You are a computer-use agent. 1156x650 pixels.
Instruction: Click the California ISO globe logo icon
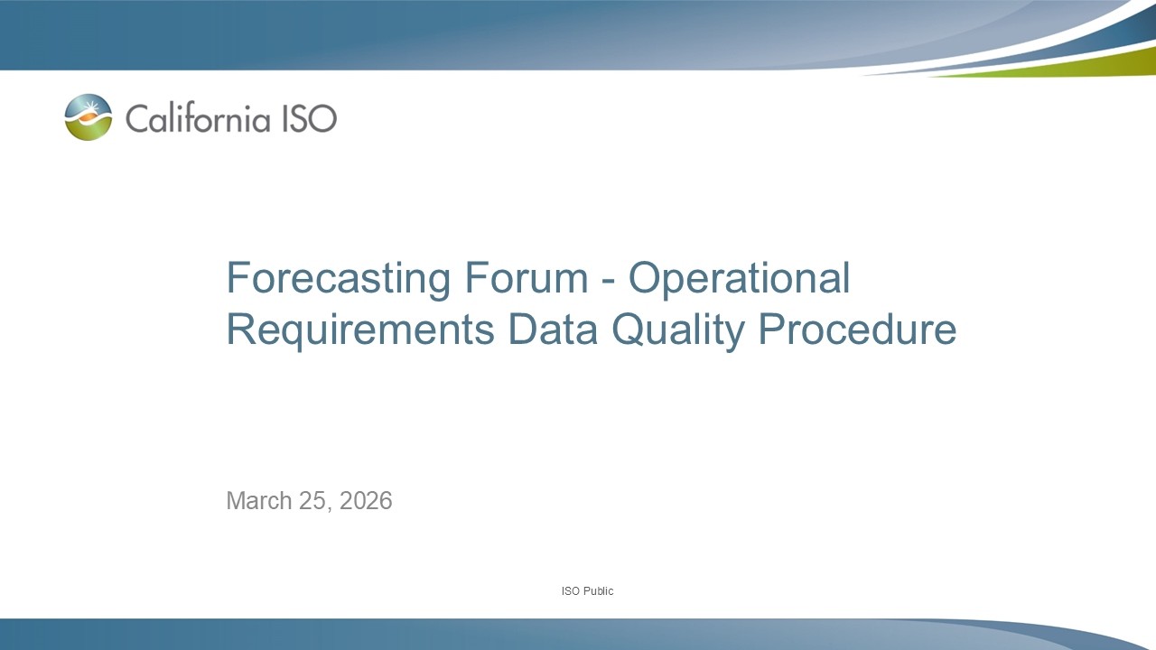(x=89, y=117)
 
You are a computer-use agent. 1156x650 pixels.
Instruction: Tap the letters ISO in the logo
(x=310, y=118)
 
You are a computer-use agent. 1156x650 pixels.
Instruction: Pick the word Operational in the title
(x=739, y=278)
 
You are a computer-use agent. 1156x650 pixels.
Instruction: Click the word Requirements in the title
(x=359, y=330)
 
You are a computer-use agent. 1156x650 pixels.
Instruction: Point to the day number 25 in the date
(x=310, y=501)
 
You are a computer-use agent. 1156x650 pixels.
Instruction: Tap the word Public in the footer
(x=598, y=591)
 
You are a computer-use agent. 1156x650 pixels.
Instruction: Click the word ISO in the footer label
(x=570, y=591)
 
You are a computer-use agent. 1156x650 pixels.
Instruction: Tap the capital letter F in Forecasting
(x=236, y=278)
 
